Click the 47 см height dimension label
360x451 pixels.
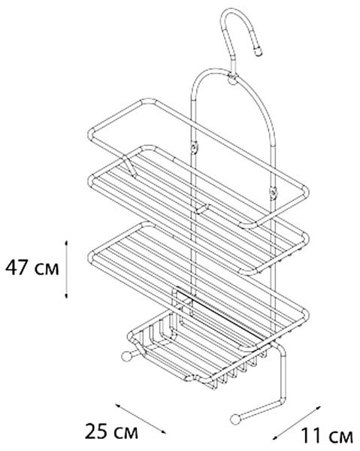pos(32,268)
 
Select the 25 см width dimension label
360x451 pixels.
pos(111,431)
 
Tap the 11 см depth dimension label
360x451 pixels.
pos(327,436)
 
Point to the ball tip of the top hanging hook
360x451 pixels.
pos(259,52)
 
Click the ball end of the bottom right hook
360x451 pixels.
pos(235,419)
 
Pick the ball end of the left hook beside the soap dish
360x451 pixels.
pos(126,356)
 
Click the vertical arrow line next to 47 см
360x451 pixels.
pos(66,269)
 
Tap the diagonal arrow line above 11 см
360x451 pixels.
pos(296,422)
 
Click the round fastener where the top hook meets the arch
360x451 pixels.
pos(232,80)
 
